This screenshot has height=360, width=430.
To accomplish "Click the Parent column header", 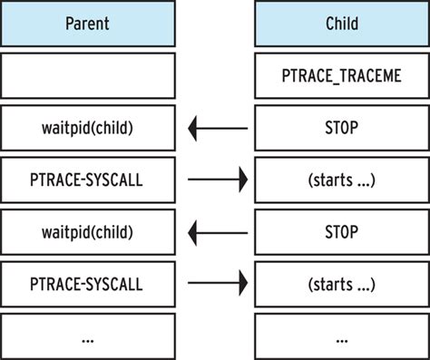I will pyautogui.click(x=87, y=23).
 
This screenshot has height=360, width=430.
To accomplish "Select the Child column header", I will pyautogui.click(x=341, y=23).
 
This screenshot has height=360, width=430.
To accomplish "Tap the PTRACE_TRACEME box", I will pyautogui.click(x=341, y=75).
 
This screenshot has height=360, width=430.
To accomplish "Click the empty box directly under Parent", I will pyautogui.click(x=87, y=75).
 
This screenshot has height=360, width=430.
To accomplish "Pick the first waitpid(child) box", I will pyautogui.click(x=87, y=128).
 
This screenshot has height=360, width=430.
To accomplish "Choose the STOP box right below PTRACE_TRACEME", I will pyautogui.click(x=341, y=128).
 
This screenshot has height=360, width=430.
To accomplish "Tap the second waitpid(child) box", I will pyautogui.click(x=87, y=232).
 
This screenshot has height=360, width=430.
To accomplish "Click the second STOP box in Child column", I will pyautogui.click(x=341, y=232).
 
